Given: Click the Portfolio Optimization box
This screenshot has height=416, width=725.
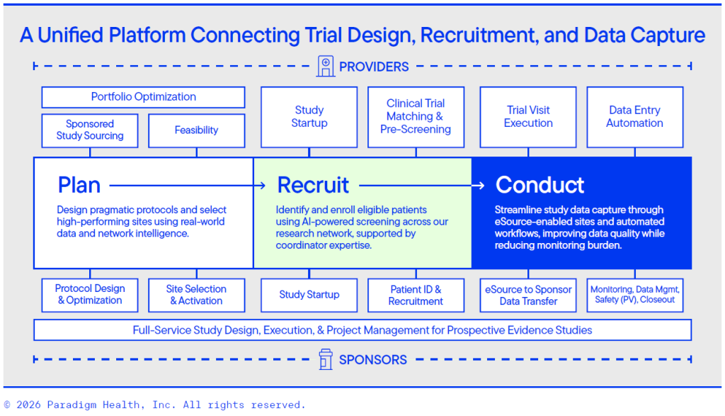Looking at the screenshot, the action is pos(143,97).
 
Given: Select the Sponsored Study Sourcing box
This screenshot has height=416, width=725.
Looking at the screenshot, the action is pos(90,130).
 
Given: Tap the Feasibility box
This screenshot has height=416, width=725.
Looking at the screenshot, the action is pos(197,130).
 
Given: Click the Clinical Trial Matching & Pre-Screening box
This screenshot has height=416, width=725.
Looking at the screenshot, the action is pos(416,117).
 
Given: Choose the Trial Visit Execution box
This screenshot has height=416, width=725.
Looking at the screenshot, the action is pos(528,117).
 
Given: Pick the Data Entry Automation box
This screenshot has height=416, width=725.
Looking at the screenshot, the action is pos(635,117).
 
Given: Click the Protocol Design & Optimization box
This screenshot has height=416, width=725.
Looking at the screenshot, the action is pos(90,296).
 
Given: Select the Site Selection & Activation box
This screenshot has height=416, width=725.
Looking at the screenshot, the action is pos(197,296).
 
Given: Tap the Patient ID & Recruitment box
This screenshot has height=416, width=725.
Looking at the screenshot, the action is pos(416,296).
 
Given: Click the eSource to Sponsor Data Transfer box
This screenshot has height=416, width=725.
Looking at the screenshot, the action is pos(528,296).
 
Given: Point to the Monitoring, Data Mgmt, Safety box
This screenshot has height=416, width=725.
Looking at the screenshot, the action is pos(635,296).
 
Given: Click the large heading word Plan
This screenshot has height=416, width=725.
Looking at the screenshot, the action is pos(79,185).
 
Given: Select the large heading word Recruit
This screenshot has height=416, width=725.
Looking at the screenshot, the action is pos(313,185).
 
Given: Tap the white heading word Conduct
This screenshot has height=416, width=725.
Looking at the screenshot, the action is pos(540,185).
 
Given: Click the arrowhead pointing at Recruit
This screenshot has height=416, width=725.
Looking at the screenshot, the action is pos(262,186).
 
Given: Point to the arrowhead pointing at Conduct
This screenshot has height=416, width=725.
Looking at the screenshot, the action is pos(481,186).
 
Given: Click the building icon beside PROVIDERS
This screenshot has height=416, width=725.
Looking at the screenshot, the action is pos(326,66).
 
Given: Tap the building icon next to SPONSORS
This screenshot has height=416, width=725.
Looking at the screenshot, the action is pos(326,359).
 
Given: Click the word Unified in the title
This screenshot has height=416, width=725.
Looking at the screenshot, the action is pos(70,35).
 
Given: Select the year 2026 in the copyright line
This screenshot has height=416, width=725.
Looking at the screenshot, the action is pos(28,405).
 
